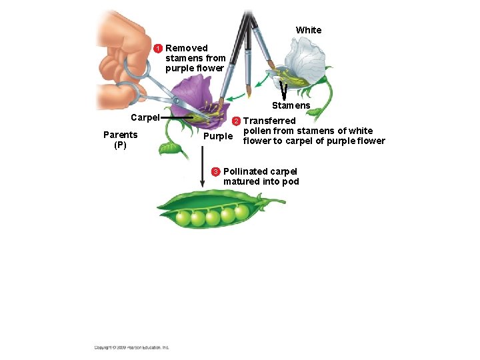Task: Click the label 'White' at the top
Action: point(308,30)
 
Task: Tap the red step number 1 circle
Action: point(159,49)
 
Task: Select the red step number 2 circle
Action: point(235,121)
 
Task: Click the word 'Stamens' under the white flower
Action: point(291,105)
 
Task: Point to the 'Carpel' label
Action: point(145,117)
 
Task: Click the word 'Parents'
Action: point(120,135)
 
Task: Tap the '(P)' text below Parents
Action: point(120,145)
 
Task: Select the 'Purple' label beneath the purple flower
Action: point(218,136)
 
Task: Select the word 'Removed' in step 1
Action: point(186,48)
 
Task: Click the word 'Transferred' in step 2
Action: point(269,121)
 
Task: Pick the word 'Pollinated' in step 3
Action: point(245,171)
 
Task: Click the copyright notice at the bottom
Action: point(131,347)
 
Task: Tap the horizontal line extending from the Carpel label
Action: point(177,117)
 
